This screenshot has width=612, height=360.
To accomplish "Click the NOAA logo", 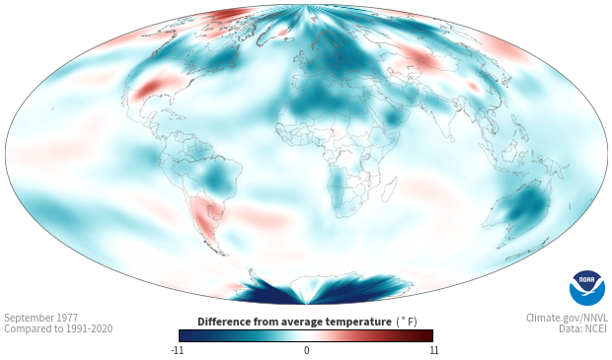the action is [x=587, y=288].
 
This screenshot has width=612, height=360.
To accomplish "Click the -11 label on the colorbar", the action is [x=177, y=350].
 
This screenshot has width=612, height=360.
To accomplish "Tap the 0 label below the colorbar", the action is [x=306, y=350].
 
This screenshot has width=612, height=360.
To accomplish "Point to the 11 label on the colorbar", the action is [x=433, y=350].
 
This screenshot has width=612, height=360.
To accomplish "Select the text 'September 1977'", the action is [x=41, y=318].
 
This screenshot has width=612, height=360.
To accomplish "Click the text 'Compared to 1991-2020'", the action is [x=58, y=328].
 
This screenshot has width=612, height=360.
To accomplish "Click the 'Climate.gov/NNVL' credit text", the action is [x=567, y=318].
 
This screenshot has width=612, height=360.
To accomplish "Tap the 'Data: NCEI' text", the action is [x=583, y=328].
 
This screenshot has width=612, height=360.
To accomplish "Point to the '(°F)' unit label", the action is [x=407, y=322].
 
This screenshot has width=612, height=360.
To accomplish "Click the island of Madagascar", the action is [x=389, y=190].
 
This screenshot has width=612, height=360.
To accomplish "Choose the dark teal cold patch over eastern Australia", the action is [x=525, y=207].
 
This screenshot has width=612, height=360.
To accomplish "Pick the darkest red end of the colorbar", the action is [x=428, y=335].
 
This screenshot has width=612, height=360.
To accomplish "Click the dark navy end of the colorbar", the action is [x=185, y=335].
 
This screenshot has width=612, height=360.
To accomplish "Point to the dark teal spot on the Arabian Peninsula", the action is [x=392, y=116].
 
